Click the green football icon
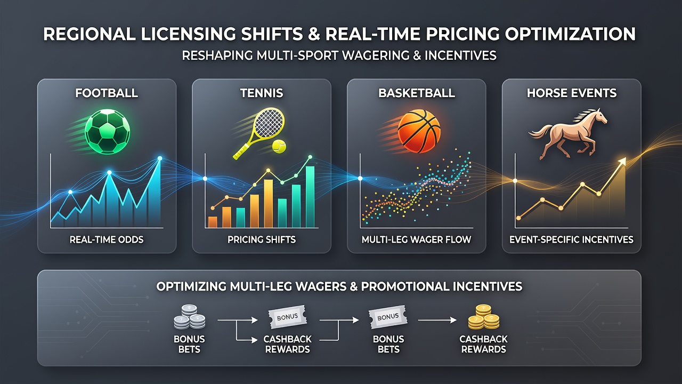[107, 132]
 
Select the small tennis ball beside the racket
[279, 146]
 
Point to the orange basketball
[419, 131]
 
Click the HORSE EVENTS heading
[572, 93]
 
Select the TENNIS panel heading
[262, 93]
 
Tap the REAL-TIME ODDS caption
[107, 239]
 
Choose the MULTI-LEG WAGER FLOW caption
[416, 239]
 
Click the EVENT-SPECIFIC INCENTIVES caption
[571, 239]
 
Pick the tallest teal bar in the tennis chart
[310, 197]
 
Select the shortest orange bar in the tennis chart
[213, 222]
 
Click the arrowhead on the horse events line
[622, 161]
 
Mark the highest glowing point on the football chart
[159, 158]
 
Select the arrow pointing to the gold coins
[437, 320]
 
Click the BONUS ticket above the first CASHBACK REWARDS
[287, 317]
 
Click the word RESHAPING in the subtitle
[217, 55]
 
